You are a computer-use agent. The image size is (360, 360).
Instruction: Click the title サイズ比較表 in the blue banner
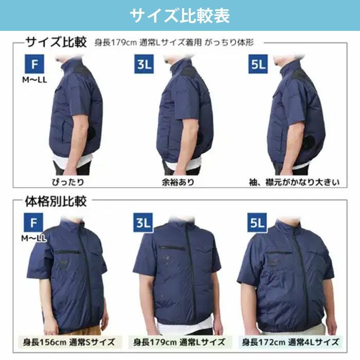click(x=180, y=15)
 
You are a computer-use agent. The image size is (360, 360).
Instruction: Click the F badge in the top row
click(x=34, y=64)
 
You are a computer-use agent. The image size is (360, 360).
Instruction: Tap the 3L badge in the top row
click(x=144, y=64)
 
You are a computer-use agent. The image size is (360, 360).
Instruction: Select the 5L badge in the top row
click(x=258, y=64)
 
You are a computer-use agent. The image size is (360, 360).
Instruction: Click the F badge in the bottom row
click(x=33, y=223)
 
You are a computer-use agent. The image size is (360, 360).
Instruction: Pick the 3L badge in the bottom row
click(x=143, y=223)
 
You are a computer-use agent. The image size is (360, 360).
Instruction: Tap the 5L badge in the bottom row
click(x=257, y=223)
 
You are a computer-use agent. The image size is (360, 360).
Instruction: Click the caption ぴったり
click(x=68, y=182)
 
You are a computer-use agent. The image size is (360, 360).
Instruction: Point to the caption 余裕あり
click(x=178, y=182)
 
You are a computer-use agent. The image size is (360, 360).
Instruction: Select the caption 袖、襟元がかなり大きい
click(x=294, y=182)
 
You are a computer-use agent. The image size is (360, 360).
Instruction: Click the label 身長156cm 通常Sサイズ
click(x=69, y=342)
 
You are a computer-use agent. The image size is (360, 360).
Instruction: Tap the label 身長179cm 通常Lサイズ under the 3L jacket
click(x=179, y=342)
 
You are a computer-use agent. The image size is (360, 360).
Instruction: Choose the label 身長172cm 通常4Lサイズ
click(x=290, y=342)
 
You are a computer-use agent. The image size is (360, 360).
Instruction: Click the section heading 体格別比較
click(x=56, y=202)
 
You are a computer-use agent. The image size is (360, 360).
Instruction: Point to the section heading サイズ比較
click(x=56, y=42)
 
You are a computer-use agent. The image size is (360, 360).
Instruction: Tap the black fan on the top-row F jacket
click(x=93, y=135)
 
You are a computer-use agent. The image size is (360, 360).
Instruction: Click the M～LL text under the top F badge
click(x=34, y=80)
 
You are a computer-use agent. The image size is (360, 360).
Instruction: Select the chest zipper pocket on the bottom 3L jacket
click(x=172, y=247)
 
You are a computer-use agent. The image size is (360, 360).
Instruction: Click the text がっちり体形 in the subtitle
click(x=229, y=43)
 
